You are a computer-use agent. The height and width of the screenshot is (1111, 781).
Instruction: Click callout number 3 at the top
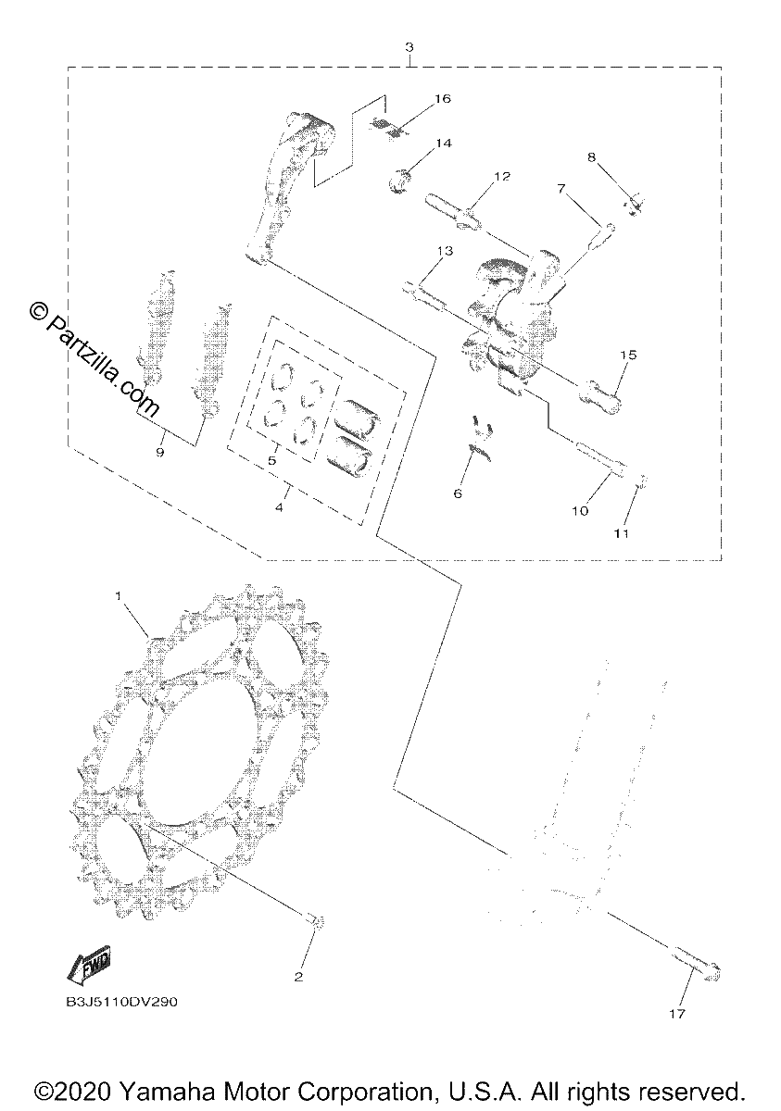coord(409,47)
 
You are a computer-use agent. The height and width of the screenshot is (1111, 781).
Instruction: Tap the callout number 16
coord(442,99)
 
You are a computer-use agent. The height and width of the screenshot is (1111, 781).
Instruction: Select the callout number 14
coord(444,144)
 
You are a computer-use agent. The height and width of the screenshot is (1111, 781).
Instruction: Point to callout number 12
coord(502,176)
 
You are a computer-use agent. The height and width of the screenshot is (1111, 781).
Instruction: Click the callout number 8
coord(591,157)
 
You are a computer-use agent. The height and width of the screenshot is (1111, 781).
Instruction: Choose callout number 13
coord(445,251)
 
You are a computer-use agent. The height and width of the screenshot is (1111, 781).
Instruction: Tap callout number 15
coord(628,356)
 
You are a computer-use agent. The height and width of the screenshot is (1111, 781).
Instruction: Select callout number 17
coord(677,1014)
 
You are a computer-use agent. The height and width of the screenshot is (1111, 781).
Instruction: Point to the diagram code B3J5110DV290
coord(121,1002)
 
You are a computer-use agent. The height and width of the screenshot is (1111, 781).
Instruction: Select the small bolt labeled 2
coord(317,920)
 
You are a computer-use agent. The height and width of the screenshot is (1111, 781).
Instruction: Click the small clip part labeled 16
coord(390,129)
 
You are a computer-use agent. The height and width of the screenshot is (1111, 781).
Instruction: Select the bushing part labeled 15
coord(599,396)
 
